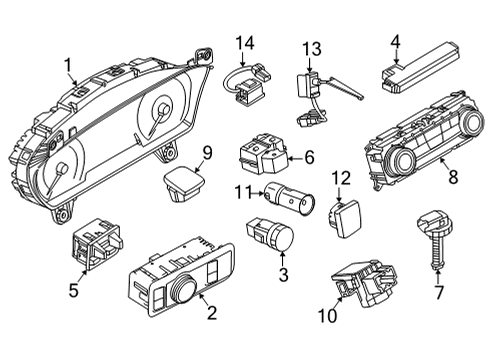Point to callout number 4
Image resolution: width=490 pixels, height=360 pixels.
(x=396, y=41)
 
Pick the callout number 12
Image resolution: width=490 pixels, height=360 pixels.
(x=340, y=178)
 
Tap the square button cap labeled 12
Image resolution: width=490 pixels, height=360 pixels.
(x=345, y=218)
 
